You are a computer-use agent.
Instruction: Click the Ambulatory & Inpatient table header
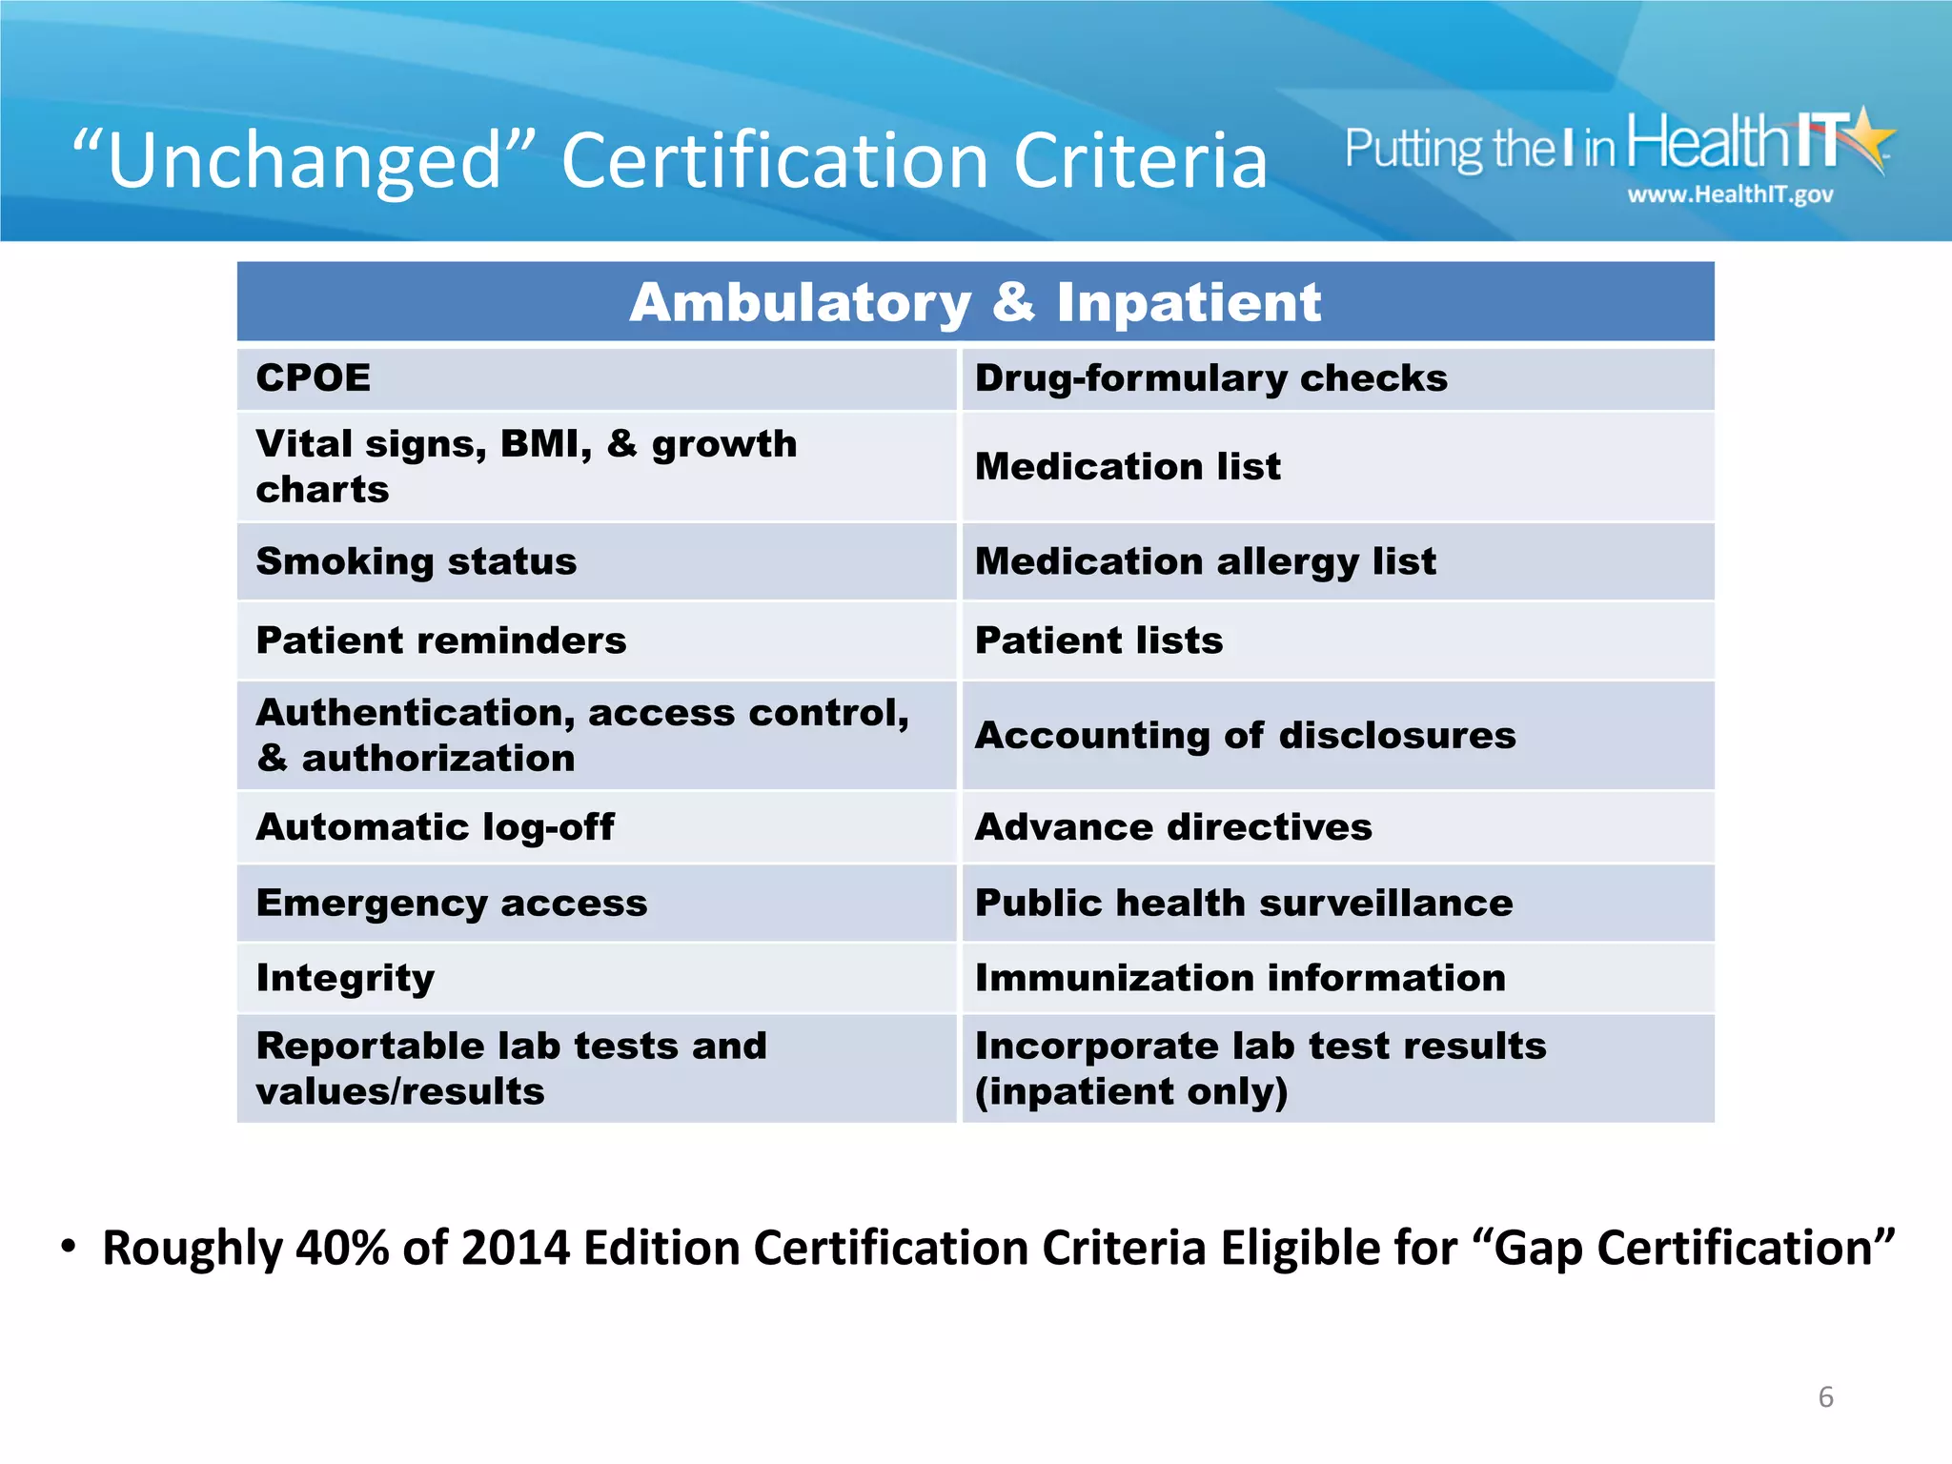(975, 302)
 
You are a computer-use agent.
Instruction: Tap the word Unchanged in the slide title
(304, 160)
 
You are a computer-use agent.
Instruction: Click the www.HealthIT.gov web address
(1730, 194)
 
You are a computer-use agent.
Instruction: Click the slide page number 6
(1825, 1397)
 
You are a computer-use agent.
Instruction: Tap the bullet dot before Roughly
(68, 1246)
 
